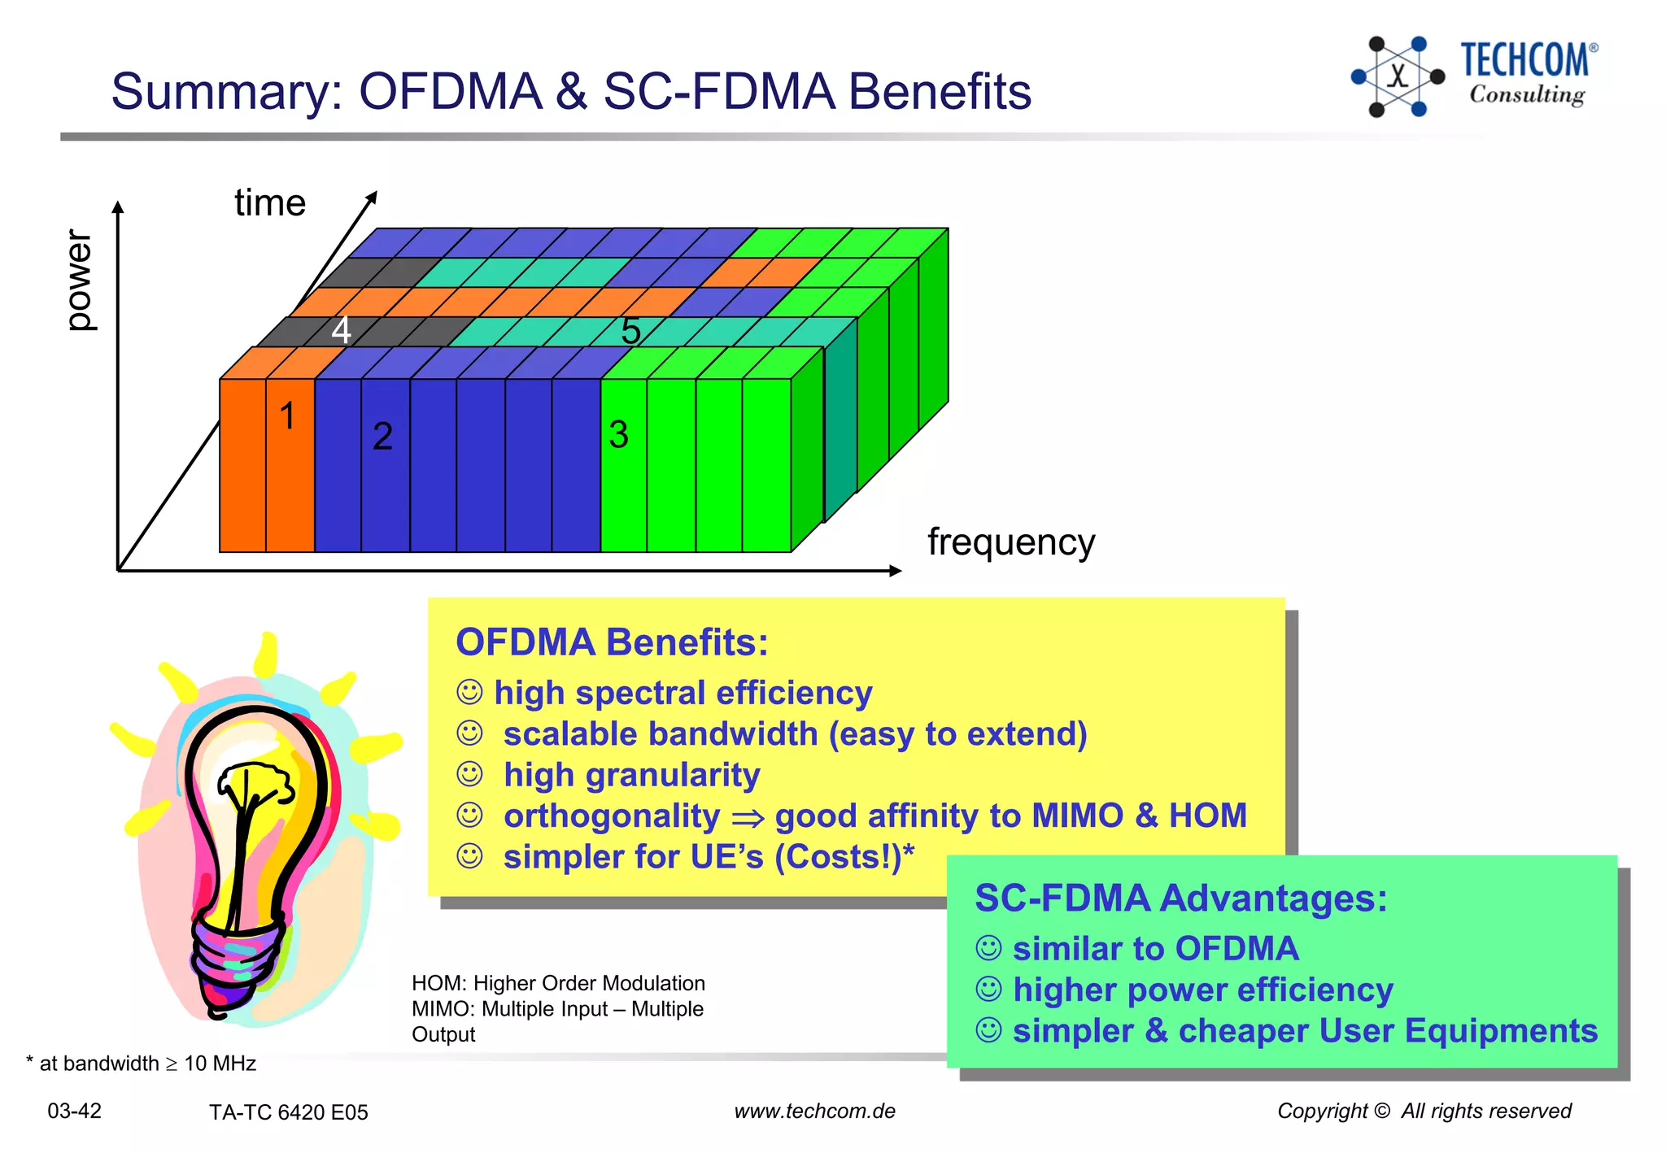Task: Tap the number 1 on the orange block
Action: [x=287, y=416]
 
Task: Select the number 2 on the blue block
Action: [x=382, y=437]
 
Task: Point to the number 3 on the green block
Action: [x=618, y=435]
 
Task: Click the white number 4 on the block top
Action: [x=341, y=330]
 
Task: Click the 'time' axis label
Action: [x=270, y=202]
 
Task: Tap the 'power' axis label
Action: [x=79, y=281]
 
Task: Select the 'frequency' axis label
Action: [x=1011, y=542]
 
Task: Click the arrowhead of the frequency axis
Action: [x=896, y=571]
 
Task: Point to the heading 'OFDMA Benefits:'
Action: [x=612, y=642]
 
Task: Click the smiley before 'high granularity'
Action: [x=469, y=774]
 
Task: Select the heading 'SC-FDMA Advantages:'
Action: [x=1180, y=898]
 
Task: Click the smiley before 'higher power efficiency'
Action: [x=988, y=990]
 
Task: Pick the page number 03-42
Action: [x=74, y=1111]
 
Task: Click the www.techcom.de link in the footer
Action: [x=814, y=1111]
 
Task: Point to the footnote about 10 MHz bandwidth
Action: [x=142, y=1064]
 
